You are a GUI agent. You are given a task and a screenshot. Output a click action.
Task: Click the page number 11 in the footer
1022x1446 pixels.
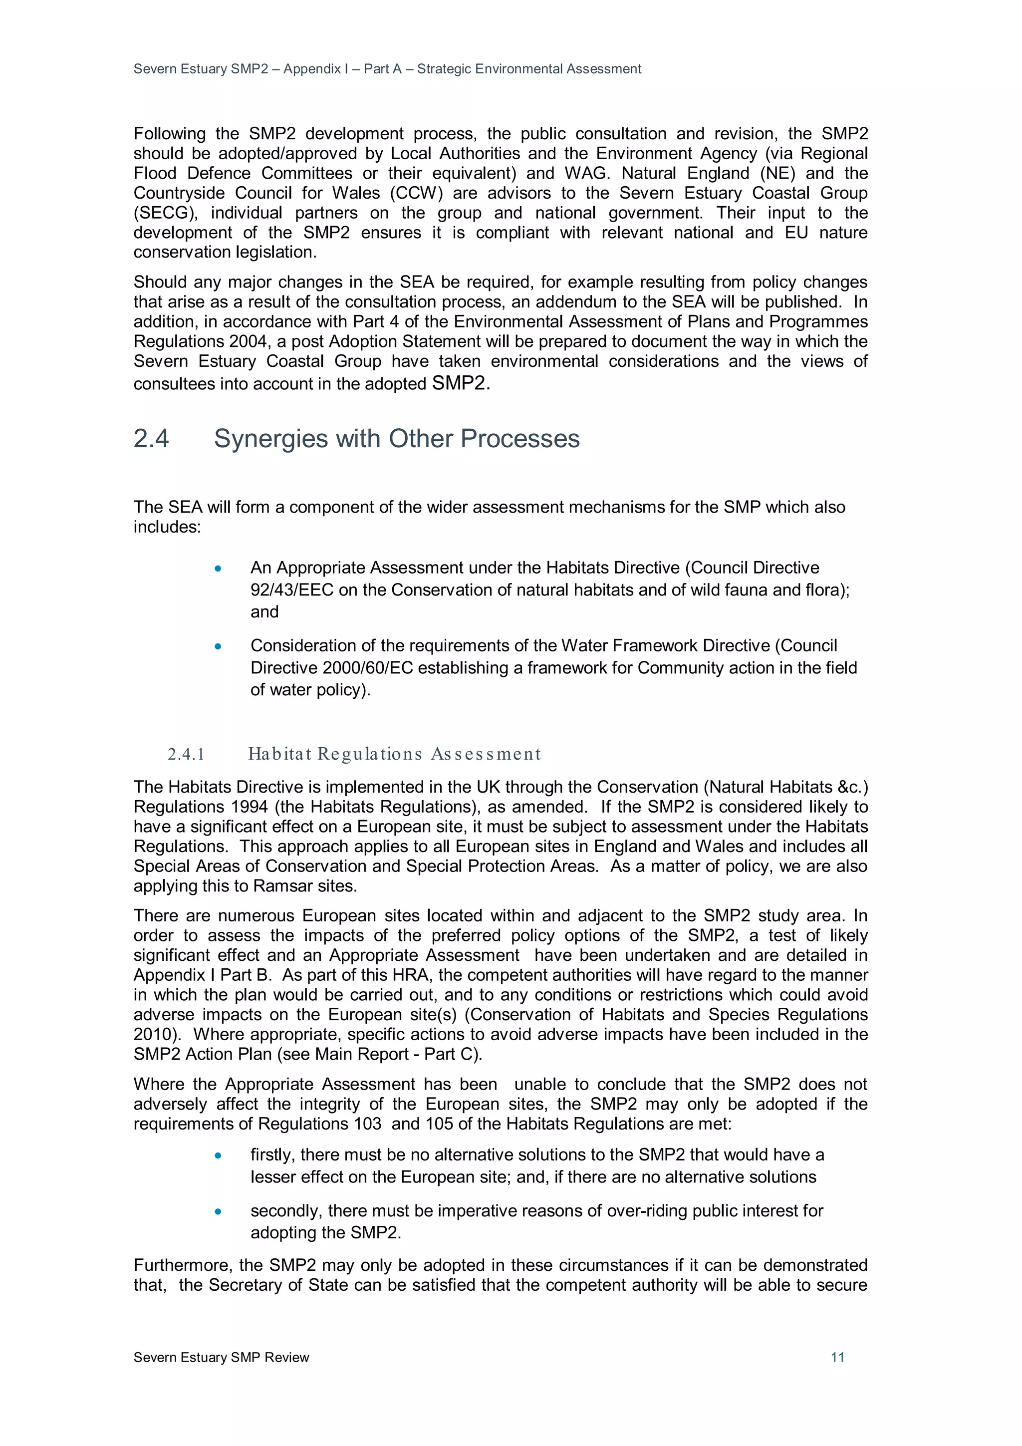pos(837,1357)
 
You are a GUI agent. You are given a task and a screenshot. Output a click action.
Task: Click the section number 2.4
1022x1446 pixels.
pos(151,439)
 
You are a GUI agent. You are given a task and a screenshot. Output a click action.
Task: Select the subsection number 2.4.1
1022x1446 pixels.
pos(187,754)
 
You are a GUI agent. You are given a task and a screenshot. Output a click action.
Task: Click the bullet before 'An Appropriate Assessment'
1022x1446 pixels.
pos(218,568)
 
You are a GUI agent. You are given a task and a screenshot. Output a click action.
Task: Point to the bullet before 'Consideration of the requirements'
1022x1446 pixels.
pos(218,646)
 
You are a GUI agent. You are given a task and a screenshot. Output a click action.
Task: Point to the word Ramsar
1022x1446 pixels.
pos(279,886)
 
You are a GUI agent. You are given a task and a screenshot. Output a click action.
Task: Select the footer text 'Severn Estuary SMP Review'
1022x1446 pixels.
pos(221,1357)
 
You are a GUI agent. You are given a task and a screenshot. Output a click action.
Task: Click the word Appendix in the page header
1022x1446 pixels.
pos(312,69)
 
